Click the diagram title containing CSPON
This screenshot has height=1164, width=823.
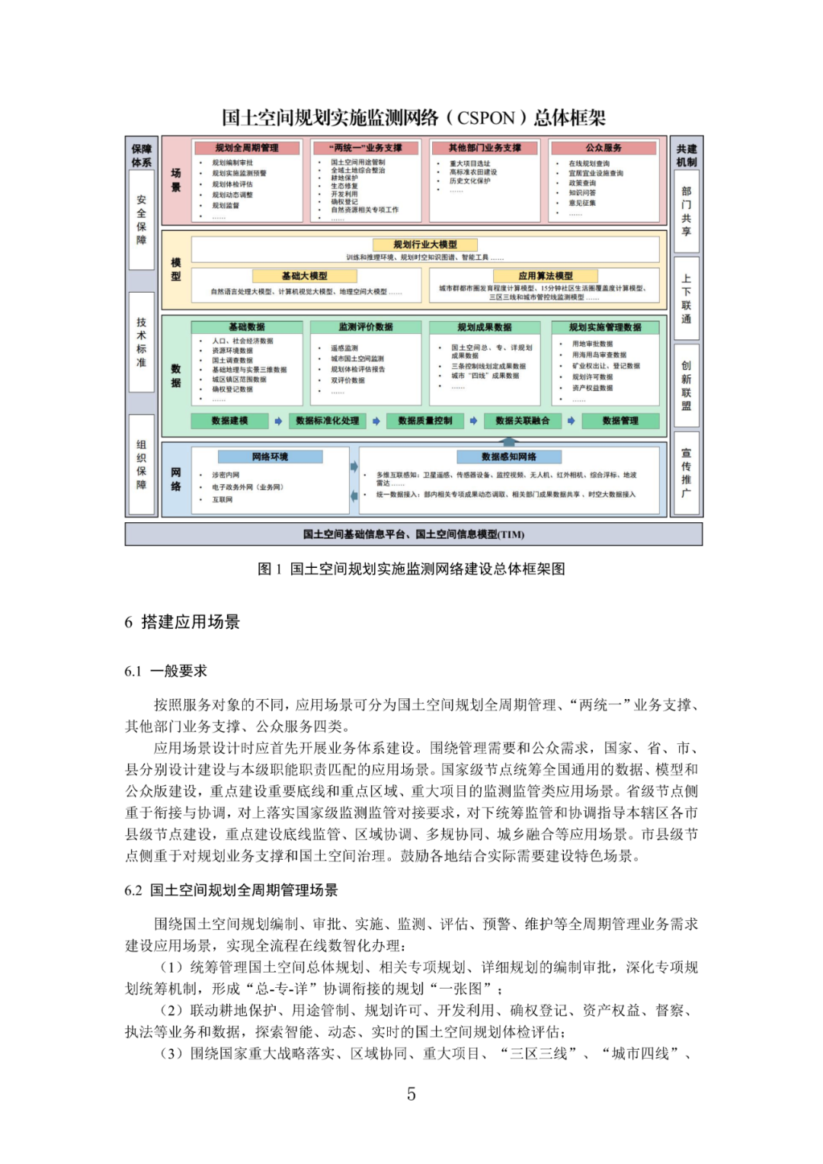(x=413, y=117)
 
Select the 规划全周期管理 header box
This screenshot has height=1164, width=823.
(x=246, y=148)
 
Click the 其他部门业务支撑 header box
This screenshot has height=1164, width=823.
(x=485, y=148)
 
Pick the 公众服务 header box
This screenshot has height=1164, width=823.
(x=604, y=148)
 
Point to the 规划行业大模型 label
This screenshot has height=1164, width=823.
(x=425, y=245)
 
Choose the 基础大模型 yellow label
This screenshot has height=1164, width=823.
(x=304, y=276)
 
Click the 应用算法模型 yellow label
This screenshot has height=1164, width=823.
(x=545, y=276)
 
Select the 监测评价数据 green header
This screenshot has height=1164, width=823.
(x=366, y=327)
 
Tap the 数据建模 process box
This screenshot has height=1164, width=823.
(x=229, y=421)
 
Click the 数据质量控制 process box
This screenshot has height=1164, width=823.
(x=424, y=421)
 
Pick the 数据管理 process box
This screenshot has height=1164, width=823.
(x=620, y=421)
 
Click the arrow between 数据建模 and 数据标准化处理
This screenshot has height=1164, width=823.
(x=278, y=421)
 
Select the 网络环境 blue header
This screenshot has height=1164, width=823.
(x=270, y=457)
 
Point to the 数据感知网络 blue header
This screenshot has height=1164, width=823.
(x=509, y=457)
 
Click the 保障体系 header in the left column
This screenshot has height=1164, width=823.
(x=142, y=156)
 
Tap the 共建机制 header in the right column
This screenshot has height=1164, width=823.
(x=686, y=156)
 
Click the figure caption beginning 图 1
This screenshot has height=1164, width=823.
(x=411, y=569)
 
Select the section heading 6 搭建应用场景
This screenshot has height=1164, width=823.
(x=182, y=622)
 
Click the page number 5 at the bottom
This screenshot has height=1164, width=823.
(x=411, y=1095)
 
